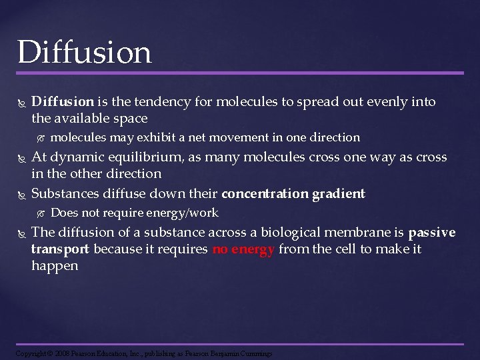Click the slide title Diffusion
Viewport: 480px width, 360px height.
click(x=85, y=51)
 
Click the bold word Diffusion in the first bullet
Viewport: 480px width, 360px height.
click(x=63, y=102)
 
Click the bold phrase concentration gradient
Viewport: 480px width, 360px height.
click(x=293, y=194)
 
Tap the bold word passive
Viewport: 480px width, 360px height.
click(x=432, y=233)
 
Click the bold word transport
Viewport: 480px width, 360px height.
click(x=60, y=249)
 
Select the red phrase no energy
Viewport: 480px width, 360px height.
click(x=243, y=249)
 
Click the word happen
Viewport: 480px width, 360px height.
click(x=55, y=266)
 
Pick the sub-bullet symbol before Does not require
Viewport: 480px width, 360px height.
click(x=40, y=213)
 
